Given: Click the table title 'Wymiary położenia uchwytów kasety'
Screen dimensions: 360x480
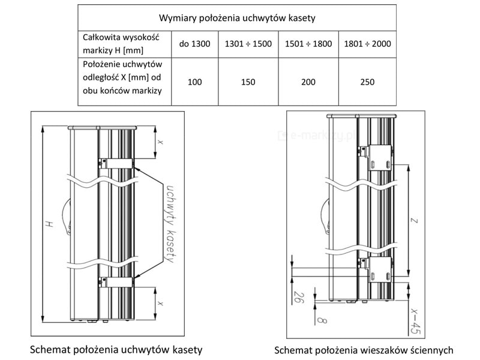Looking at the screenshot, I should click(237, 18).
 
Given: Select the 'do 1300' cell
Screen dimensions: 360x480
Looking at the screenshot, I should click(194, 44).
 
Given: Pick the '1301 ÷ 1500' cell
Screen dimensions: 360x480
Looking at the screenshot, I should click(247, 44).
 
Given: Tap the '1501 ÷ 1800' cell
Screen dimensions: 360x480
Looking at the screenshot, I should click(307, 44).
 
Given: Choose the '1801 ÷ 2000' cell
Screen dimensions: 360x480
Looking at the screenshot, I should click(367, 44).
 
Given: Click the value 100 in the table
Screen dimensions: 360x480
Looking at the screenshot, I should click(194, 82).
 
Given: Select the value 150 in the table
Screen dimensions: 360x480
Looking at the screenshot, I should click(247, 82).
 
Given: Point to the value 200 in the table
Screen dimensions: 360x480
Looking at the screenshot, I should click(307, 82).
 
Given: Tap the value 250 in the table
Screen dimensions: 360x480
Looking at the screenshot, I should click(367, 82).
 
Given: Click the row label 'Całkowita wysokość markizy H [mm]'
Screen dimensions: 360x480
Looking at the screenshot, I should click(120, 44).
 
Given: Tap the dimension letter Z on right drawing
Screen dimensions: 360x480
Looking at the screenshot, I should click(413, 220).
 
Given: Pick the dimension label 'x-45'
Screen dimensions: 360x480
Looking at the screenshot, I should click(413, 320).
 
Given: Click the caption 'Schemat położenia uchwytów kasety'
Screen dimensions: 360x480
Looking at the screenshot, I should click(116, 349).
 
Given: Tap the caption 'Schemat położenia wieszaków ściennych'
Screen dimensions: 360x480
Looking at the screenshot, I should click(364, 350).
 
